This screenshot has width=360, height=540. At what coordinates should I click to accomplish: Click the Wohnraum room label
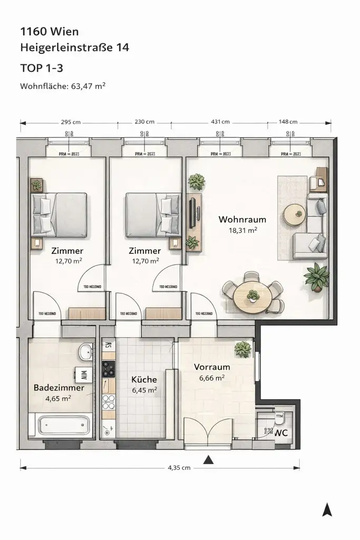(x=242, y=219)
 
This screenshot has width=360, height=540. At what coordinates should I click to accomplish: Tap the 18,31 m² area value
(x=242, y=230)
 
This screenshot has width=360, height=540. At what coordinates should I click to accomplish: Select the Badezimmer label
(x=59, y=388)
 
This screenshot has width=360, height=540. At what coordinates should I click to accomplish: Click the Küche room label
(x=144, y=379)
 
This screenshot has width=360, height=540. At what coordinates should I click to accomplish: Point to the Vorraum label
(x=212, y=367)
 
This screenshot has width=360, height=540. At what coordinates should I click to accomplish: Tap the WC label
(x=281, y=432)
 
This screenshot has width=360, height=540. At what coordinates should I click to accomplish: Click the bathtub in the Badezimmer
(x=63, y=425)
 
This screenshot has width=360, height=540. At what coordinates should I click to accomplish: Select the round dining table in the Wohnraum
(x=252, y=297)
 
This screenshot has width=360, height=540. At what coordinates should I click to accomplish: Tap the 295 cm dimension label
(x=70, y=122)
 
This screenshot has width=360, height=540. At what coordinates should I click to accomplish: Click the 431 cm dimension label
(x=220, y=122)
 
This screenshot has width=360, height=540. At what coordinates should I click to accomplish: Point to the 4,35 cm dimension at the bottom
(x=179, y=468)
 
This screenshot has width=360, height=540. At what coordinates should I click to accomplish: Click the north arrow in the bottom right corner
(x=327, y=509)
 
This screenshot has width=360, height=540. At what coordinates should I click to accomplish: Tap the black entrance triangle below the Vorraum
(x=209, y=459)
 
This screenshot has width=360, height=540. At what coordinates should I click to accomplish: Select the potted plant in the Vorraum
(x=243, y=349)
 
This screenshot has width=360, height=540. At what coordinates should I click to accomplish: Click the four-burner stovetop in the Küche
(x=108, y=369)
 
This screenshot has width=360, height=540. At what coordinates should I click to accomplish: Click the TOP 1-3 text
(x=43, y=68)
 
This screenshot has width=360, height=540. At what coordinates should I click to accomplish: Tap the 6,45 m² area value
(x=144, y=390)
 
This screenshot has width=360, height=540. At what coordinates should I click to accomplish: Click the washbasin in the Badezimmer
(x=84, y=350)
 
